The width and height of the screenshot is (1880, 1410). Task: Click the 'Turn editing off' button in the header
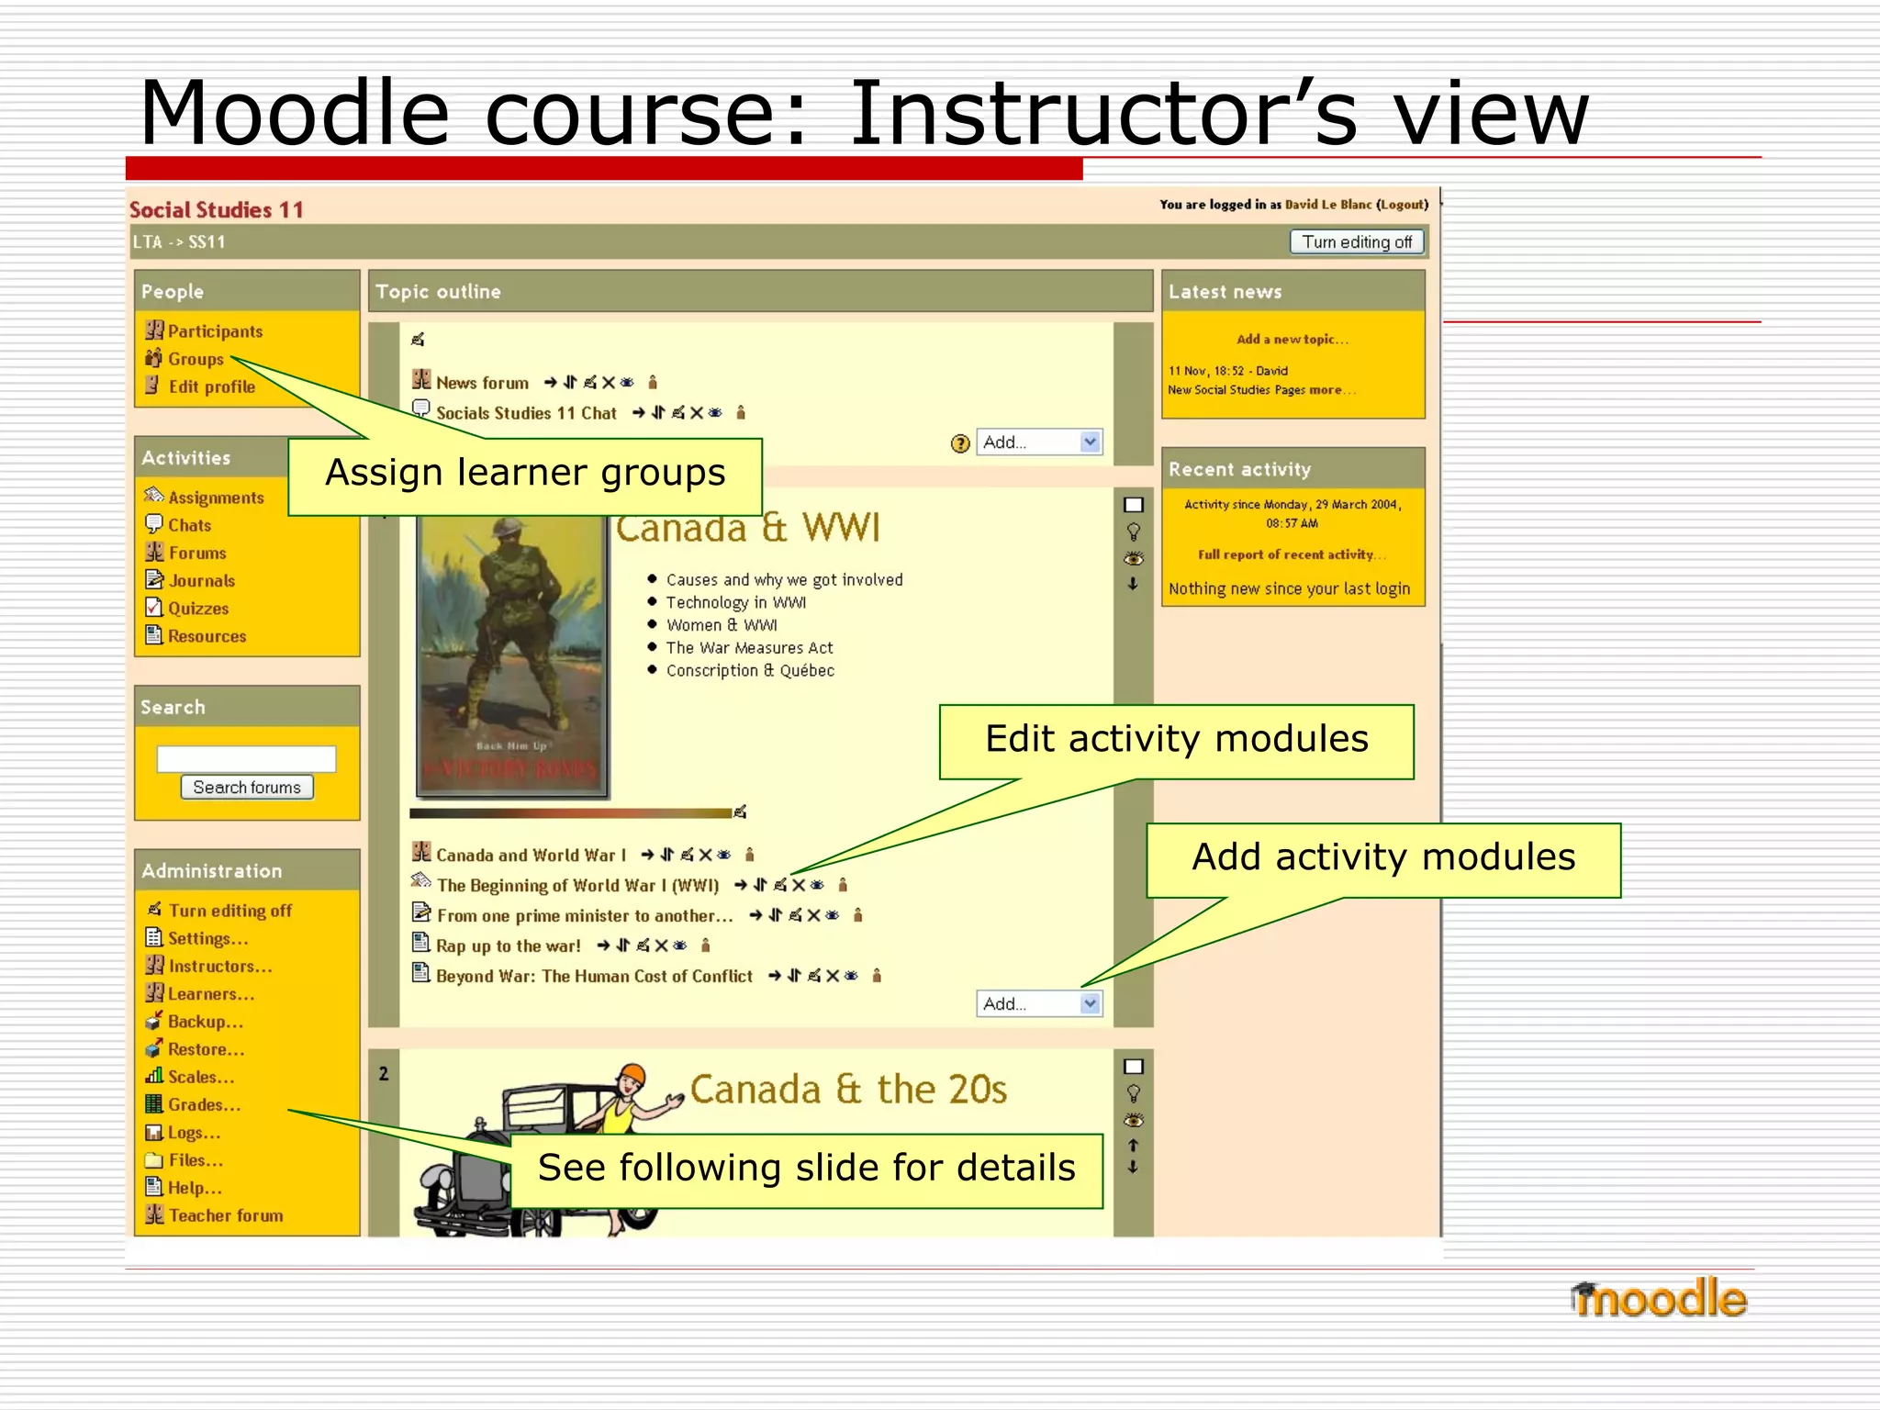(x=1356, y=241)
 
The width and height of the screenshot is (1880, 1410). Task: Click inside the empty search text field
(x=246, y=758)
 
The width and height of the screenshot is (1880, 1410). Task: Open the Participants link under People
(x=215, y=331)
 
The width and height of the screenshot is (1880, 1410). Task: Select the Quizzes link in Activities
(x=198, y=609)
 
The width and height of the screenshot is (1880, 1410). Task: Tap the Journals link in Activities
(x=201, y=581)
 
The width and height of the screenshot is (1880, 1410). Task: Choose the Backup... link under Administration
(x=205, y=1022)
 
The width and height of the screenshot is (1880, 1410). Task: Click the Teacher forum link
(x=226, y=1215)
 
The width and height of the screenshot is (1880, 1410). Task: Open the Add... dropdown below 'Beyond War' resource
(x=1038, y=1003)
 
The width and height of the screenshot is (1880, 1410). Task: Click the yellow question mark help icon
(x=960, y=443)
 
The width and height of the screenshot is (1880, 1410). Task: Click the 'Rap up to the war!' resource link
(x=508, y=946)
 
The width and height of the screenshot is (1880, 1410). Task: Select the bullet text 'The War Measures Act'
(x=749, y=648)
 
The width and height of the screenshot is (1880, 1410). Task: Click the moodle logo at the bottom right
(x=1658, y=1299)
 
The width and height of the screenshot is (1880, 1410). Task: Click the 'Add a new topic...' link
(x=1292, y=340)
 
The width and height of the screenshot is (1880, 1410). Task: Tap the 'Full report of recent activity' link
(x=1290, y=554)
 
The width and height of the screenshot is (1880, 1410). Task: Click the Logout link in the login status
(x=1402, y=205)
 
